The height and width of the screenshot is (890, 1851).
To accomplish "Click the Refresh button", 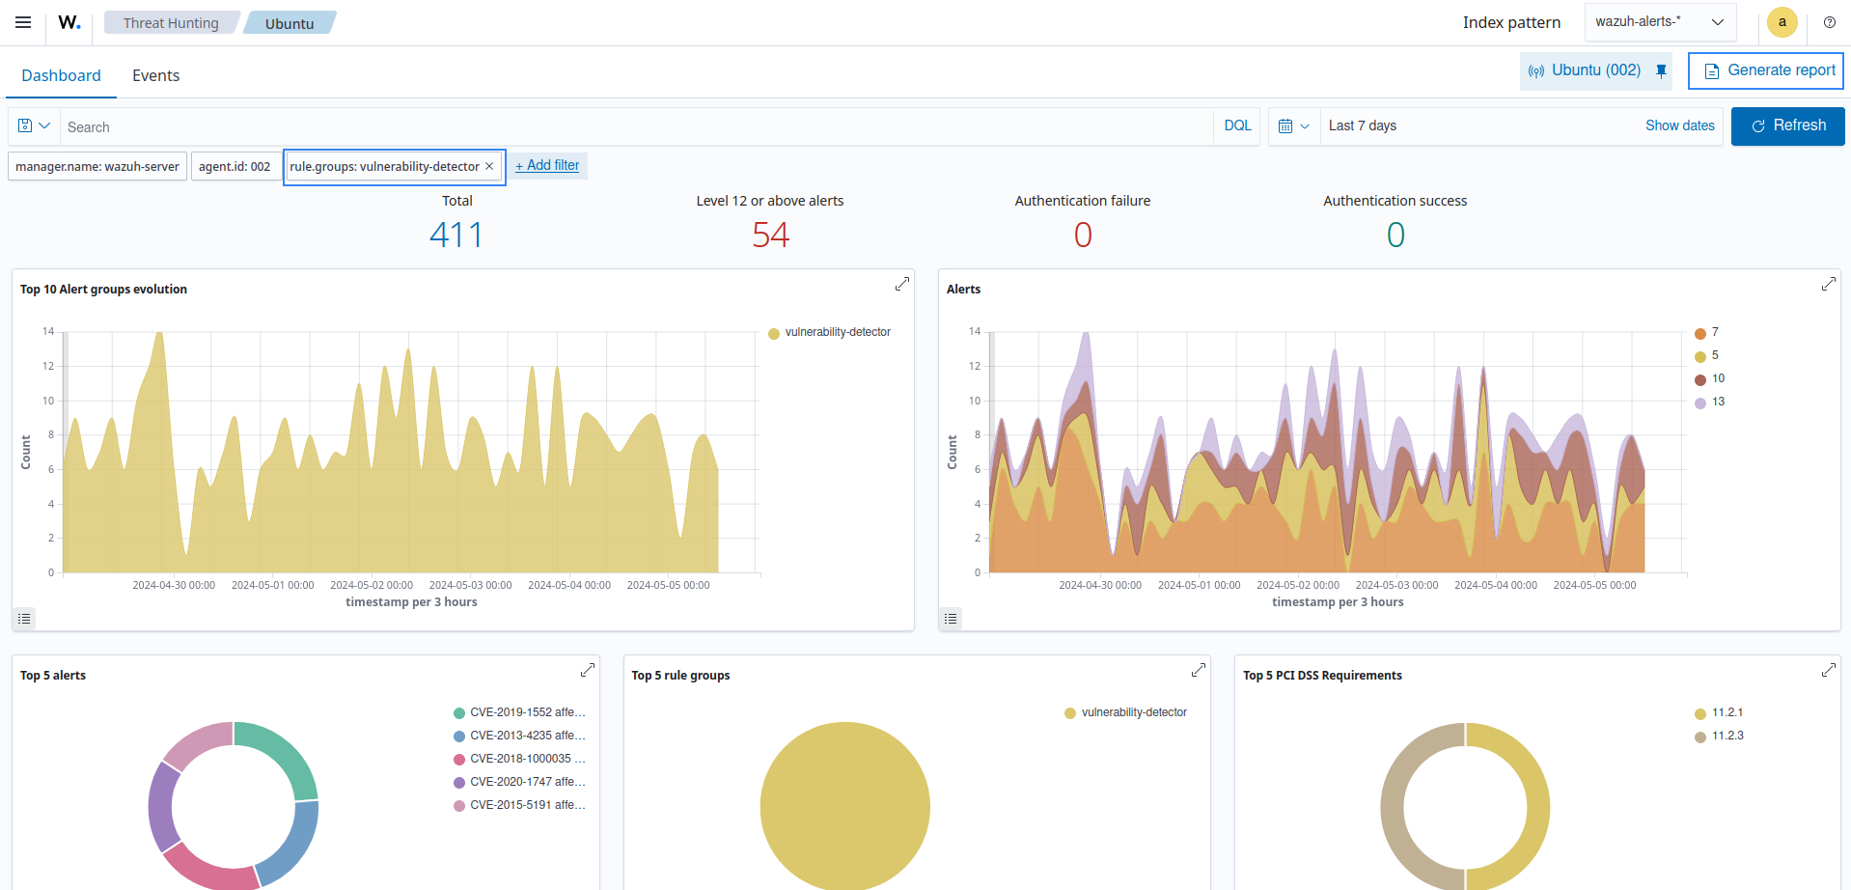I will tap(1787, 126).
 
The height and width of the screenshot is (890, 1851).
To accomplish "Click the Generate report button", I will tap(1765, 70).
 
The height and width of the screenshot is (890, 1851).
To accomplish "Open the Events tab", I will tap(155, 76).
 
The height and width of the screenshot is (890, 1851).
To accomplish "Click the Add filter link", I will tap(547, 166).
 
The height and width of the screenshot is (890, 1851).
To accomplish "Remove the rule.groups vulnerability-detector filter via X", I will tap(489, 166).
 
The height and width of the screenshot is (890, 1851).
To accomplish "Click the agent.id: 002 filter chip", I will tap(235, 167).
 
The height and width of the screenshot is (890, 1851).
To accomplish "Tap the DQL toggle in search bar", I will tap(1237, 126).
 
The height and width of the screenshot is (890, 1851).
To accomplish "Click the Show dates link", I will tap(1679, 126).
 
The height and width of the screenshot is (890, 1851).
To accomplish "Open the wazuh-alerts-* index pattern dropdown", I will tap(1659, 22).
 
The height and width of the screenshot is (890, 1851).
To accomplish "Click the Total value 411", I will tap(456, 235).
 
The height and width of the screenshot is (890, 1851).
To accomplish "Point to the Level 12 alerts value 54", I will tap(770, 235).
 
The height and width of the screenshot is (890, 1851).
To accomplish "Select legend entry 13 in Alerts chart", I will tap(1717, 403).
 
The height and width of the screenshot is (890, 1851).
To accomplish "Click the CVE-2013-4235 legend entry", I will tap(527, 736).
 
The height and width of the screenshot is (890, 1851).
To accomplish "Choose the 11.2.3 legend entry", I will tap(1727, 737).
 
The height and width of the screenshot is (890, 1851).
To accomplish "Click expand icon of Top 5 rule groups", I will tap(1198, 670).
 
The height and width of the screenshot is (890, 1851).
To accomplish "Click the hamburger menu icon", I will tap(23, 22).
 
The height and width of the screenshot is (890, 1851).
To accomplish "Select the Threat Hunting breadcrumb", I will tap(171, 23).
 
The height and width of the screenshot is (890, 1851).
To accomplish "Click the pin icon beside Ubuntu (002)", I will tap(1661, 70).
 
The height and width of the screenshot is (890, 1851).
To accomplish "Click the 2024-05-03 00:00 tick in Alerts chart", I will tap(1396, 585).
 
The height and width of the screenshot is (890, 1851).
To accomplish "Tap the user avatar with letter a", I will tap(1782, 22).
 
